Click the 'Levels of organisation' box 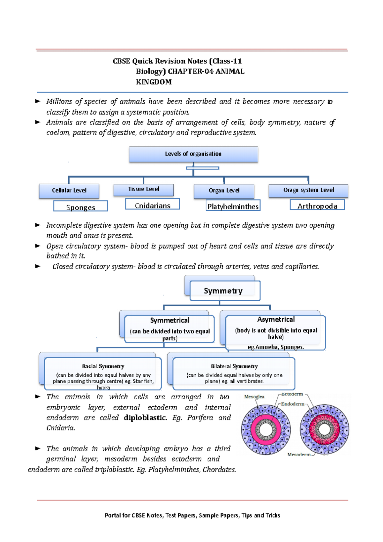[193, 154]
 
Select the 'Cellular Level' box [69, 191]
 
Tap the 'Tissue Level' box [144, 189]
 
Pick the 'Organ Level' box [224, 191]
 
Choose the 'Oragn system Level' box [308, 190]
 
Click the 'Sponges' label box [81, 207]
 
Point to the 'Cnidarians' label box [153, 205]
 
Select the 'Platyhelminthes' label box [233, 206]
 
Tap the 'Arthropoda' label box [317, 205]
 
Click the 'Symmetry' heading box [223, 291]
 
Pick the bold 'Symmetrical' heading [170, 320]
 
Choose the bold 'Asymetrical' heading [276, 320]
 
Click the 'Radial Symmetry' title [103, 366]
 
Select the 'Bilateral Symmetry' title [234, 366]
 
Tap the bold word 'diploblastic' [145, 418]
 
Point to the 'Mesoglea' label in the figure [254, 397]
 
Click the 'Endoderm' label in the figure [292, 404]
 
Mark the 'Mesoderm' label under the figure [299, 454]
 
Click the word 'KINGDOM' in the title [154, 82]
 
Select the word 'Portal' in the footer [113, 515]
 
